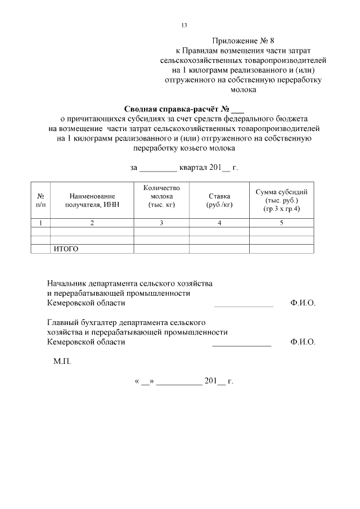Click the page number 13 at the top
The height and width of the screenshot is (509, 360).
(x=184, y=25)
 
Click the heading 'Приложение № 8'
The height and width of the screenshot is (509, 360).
(x=243, y=41)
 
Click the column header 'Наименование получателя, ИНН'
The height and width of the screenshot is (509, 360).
(x=92, y=200)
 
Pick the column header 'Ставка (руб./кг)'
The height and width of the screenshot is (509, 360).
(x=219, y=200)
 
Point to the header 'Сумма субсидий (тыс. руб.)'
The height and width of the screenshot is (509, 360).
(x=281, y=200)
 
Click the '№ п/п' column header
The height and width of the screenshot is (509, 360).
(x=40, y=200)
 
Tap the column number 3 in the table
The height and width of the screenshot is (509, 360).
(x=161, y=223)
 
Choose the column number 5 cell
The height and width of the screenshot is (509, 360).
(x=281, y=223)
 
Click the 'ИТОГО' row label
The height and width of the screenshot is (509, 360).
(x=65, y=249)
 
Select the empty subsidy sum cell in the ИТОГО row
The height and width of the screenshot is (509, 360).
(x=281, y=249)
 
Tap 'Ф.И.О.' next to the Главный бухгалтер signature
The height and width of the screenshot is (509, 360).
(x=303, y=341)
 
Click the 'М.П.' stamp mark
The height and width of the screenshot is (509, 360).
(x=62, y=362)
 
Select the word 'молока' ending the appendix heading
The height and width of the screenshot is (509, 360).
(x=243, y=89)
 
